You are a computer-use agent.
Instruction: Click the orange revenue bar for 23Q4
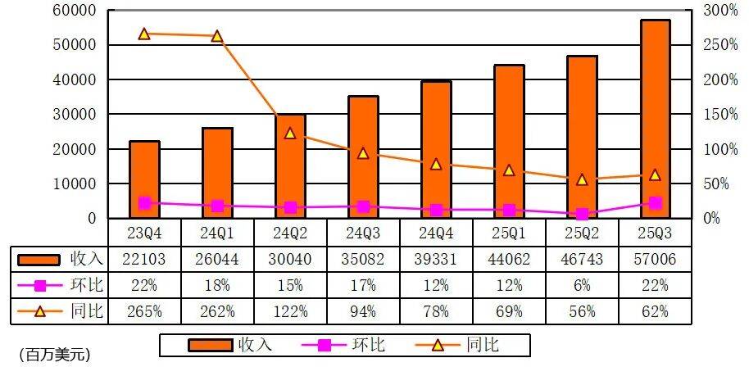point(144,179)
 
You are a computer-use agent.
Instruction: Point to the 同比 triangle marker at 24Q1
point(217,37)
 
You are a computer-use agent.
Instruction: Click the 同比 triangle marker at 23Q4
point(144,34)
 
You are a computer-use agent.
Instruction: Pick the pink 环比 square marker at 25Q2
point(582,214)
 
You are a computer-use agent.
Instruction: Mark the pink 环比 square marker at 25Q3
point(655,203)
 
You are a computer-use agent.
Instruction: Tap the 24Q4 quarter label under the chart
point(436,233)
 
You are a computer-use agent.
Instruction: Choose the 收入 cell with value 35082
point(363,259)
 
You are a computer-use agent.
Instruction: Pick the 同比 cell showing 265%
point(144,311)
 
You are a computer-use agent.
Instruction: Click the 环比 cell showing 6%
point(582,285)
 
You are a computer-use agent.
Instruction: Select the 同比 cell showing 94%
point(363,311)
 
